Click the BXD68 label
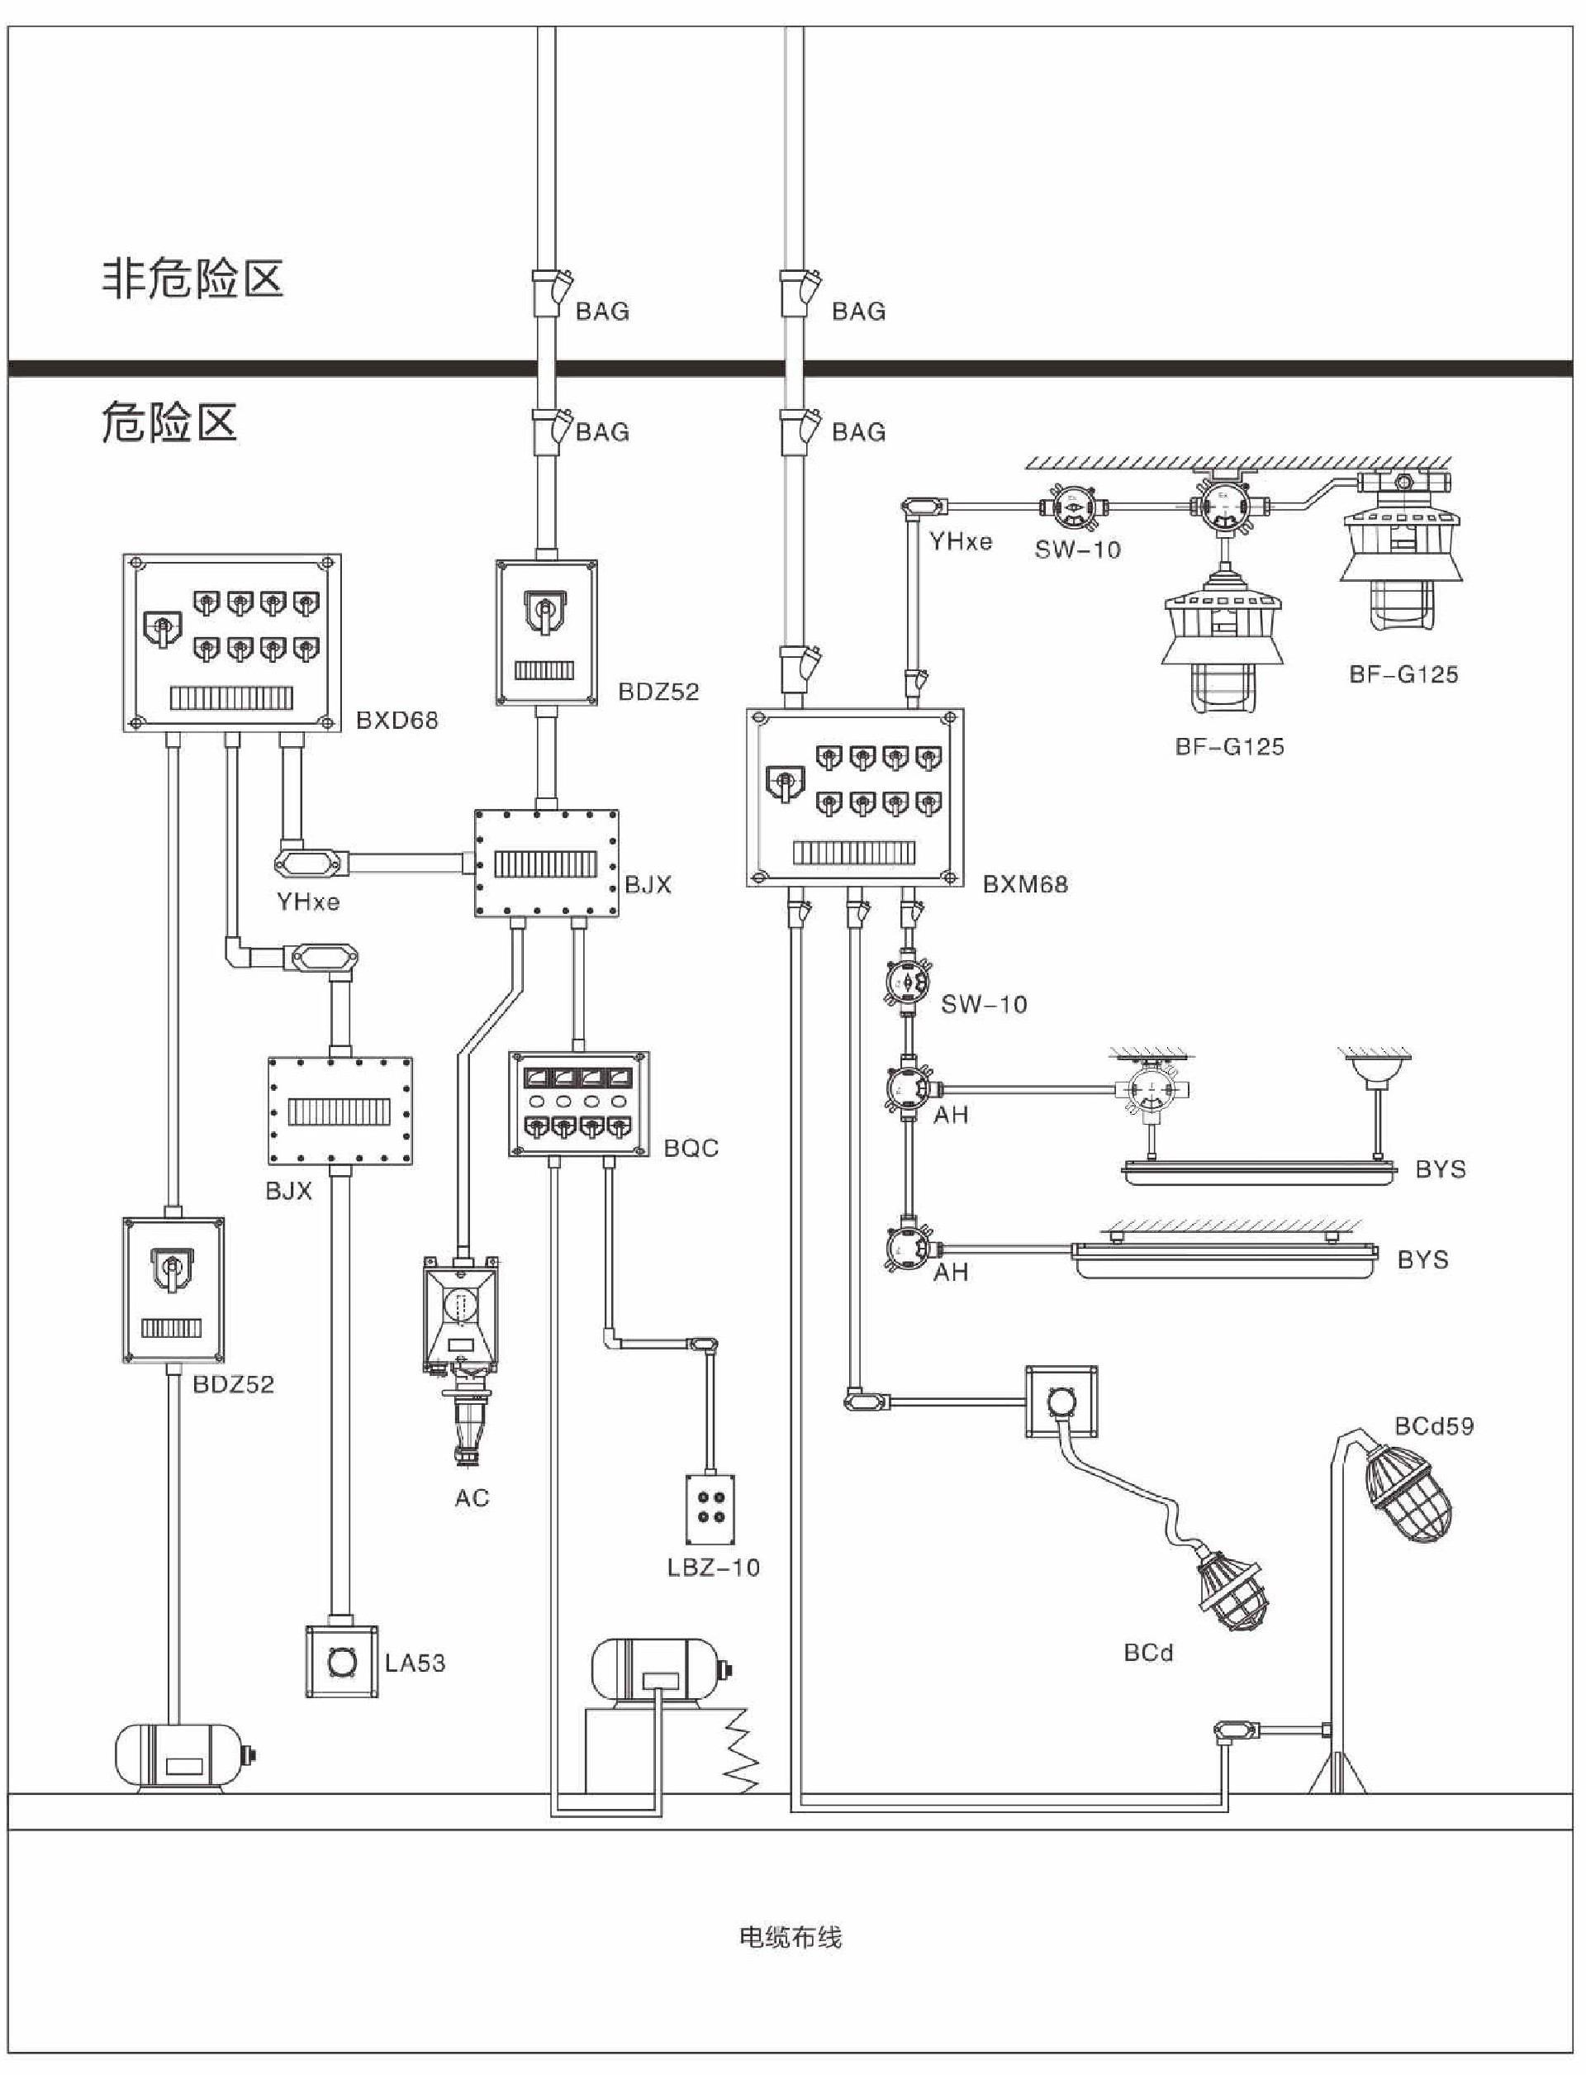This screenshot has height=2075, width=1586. [396, 721]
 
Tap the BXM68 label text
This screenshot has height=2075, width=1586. [1025, 885]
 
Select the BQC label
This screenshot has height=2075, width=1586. [691, 1149]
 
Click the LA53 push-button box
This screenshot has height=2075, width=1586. [342, 1663]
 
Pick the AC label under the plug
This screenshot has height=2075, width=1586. [472, 1498]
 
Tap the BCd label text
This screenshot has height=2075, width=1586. [1148, 1653]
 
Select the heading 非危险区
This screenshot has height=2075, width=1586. [192, 278]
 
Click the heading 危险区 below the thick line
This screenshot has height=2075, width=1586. [169, 422]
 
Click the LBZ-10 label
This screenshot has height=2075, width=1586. [713, 1568]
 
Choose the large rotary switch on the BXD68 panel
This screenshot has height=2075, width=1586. [163, 628]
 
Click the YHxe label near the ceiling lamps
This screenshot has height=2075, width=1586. [960, 542]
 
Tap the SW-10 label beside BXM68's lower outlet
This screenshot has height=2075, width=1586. [984, 1004]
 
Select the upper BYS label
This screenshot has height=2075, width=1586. [1440, 1169]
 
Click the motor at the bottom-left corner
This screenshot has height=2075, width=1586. [181, 1757]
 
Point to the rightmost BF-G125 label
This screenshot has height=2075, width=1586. [1403, 674]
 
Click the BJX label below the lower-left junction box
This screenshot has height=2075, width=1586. [288, 1191]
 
